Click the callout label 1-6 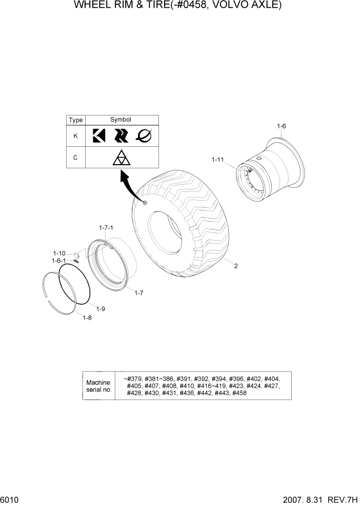coord(281,126)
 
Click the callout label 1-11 coord(218,160)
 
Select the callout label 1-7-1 coord(106,227)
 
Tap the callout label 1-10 coord(59,253)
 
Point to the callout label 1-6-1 coord(59,261)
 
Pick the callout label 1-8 coord(87,318)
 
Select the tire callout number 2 coord(236,266)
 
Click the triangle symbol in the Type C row coord(121,158)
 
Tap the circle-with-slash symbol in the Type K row coord(144,135)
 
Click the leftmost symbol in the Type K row coord(98,135)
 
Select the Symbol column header coord(121,120)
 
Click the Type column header coord(75,120)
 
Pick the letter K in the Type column coord(75,136)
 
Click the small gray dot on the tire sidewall coord(145,204)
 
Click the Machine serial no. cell coord(98,386)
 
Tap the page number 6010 coord(10,500)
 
